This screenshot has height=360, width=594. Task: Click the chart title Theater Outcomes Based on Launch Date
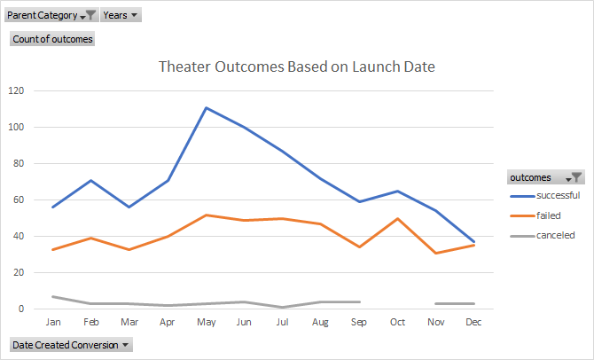296,67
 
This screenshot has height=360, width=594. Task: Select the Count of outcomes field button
52,39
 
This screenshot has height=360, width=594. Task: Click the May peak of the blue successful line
206,108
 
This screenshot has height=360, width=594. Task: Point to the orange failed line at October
398,218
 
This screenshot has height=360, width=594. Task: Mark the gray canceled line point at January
53,296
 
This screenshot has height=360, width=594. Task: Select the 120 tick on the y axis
16,90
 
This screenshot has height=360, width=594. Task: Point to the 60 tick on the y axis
19,200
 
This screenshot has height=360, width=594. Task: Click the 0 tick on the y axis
21,309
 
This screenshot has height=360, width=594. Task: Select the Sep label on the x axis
359,324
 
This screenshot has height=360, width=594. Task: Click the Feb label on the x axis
90,324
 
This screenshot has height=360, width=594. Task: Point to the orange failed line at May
206,215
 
